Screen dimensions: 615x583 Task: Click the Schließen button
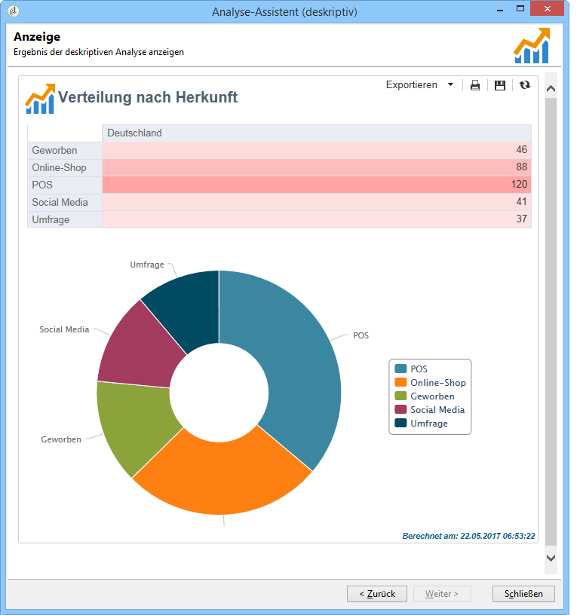pyautogui.click(x=523, y=594)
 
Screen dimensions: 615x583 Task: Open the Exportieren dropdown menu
pyautogui.click(x=420, y=85)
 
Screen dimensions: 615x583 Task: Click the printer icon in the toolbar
pyautogui.click(x=475, y=85)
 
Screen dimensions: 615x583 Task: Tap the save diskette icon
pyautogui.click(x=499, y=85)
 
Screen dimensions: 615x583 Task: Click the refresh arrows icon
pyautogui.click(x=525, y=85)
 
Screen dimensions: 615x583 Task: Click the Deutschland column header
pyautogui.click(x=135, y=133)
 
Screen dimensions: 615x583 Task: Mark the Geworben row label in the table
pyautogui.click(x=55, y=151)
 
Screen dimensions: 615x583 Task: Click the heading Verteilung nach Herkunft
pyautogui.click(x=148, y=97)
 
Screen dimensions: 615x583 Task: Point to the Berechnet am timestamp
pyautogui.click(x=468, y=536)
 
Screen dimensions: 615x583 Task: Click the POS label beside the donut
pyautogui.click(x=361, y=335)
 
